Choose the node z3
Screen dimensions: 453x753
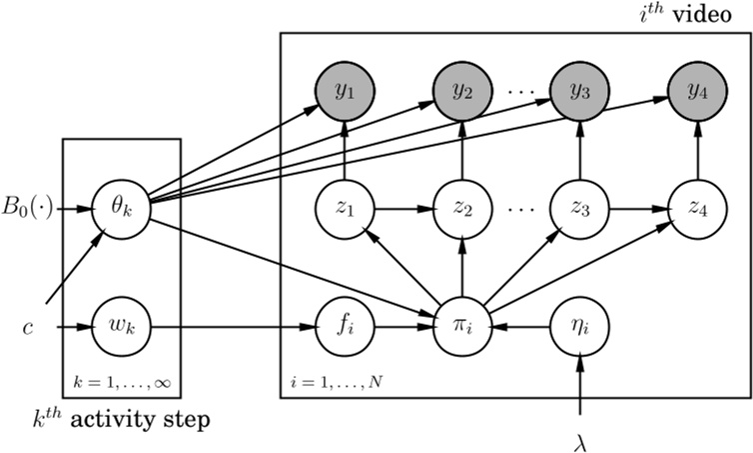click(580, 210)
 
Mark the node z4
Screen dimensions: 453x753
click(696, 210)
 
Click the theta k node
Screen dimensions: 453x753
click(121, 210)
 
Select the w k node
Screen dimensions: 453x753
click(121, 327)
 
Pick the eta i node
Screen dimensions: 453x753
click(580, 327)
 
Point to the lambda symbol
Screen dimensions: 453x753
click(580, 436)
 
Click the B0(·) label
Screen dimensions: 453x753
click(28, 210)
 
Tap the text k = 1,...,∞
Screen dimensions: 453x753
click(121, 382)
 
